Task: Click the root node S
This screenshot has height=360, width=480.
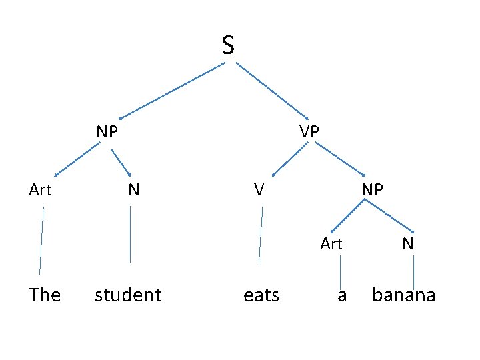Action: point(228,45)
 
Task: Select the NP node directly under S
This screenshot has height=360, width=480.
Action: point(107,131)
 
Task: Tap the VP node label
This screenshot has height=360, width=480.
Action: point(309,131)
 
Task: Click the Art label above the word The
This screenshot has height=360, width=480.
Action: point(41,190)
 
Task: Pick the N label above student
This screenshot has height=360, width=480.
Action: point(134,190)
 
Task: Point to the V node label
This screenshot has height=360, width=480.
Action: point(259,190)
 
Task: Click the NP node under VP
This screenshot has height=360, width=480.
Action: point(372,190)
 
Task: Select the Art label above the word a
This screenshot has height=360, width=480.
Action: point(331,244)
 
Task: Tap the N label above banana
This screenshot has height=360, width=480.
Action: point(408,244)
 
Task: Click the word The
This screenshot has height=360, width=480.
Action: point(45,295)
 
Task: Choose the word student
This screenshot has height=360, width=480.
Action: point(128,295)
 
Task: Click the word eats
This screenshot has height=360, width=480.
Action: point(261,295)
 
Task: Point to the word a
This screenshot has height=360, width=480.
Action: point(342,295)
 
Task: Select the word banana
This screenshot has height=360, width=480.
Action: point(403,295)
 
